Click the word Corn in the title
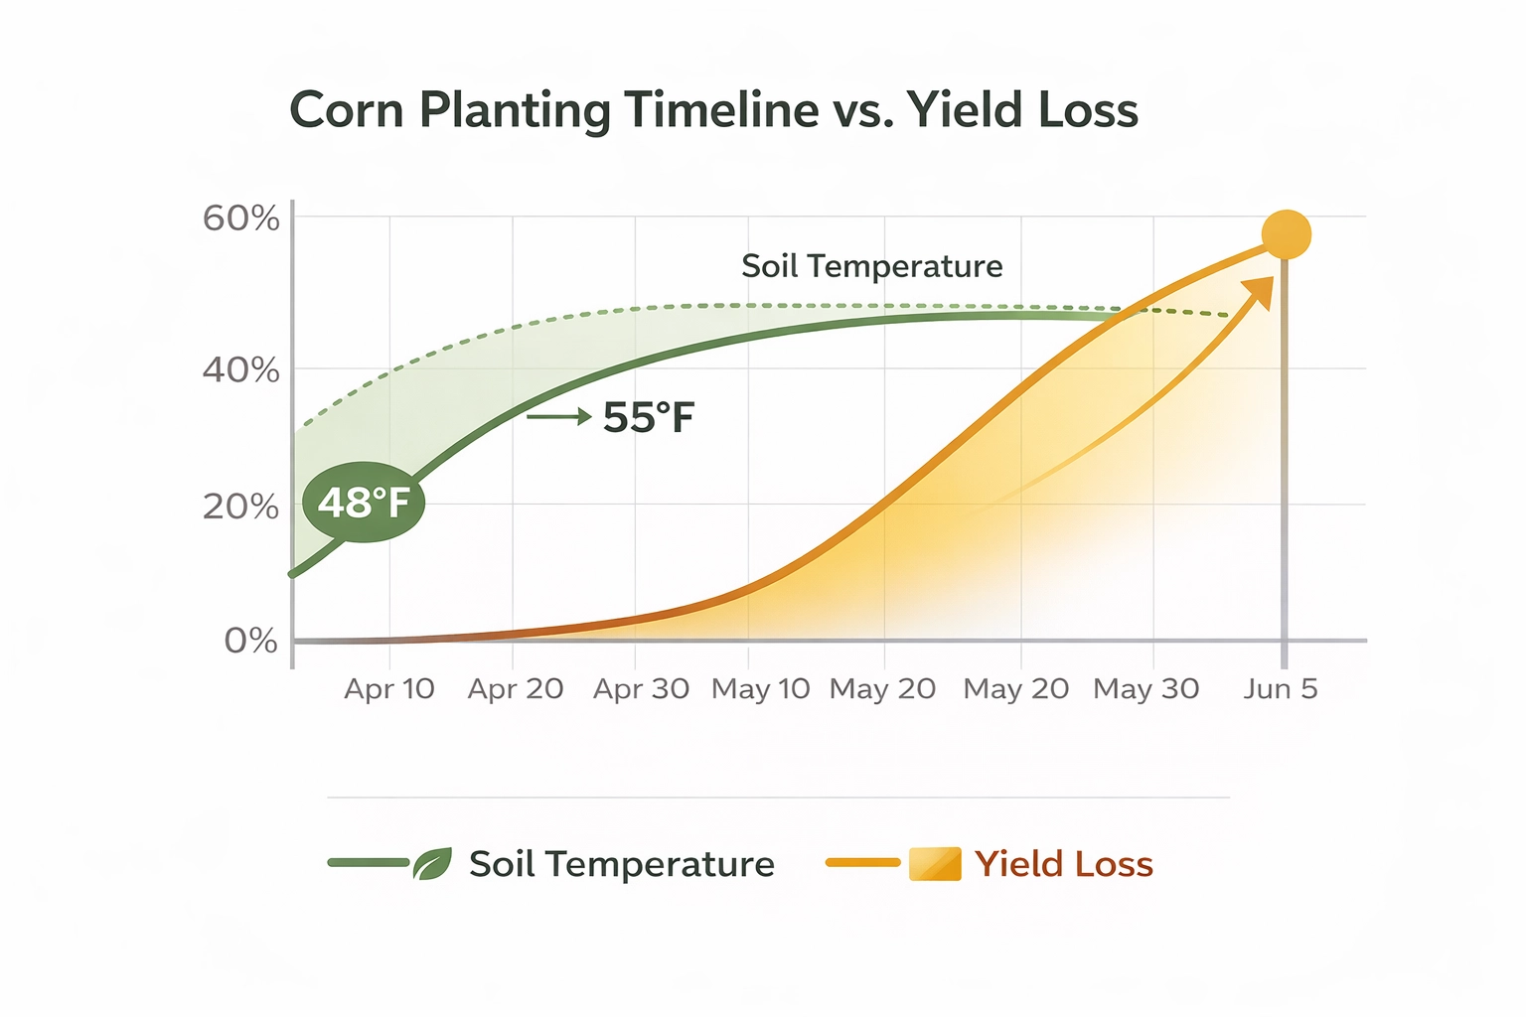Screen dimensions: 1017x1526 pos(346,109)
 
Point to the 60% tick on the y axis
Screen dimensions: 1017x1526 pos(241,218)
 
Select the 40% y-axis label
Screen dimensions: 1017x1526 pos(241,370)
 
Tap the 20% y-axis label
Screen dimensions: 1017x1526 pos(241,507)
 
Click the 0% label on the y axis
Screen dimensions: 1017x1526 pos(250,641)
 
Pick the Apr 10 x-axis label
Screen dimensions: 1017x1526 pos(389,688)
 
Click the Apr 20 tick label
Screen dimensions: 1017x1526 pos(516,688)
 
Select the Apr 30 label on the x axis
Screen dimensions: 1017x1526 pos(641,688)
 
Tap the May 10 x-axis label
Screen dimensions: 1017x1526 pos(761,688)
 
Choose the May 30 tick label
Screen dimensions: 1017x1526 pos(1146,688)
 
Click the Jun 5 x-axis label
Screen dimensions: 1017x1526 pos(1281,688)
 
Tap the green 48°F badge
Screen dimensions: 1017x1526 pos(364,503)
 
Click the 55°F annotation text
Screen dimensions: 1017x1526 pos(649,417)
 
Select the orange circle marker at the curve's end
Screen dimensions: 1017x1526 pos(1287,235)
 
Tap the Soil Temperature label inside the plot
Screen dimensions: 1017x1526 pos(872,266)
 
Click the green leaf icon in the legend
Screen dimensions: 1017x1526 pos(432,864)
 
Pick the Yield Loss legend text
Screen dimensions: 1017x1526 pos(1064,864)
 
